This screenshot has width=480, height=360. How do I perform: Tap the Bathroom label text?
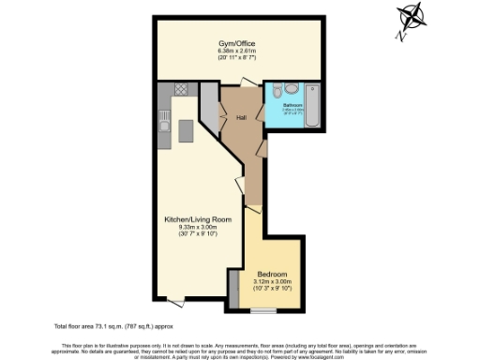pos(292,105)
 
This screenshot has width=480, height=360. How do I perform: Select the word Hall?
pos(241,118)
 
